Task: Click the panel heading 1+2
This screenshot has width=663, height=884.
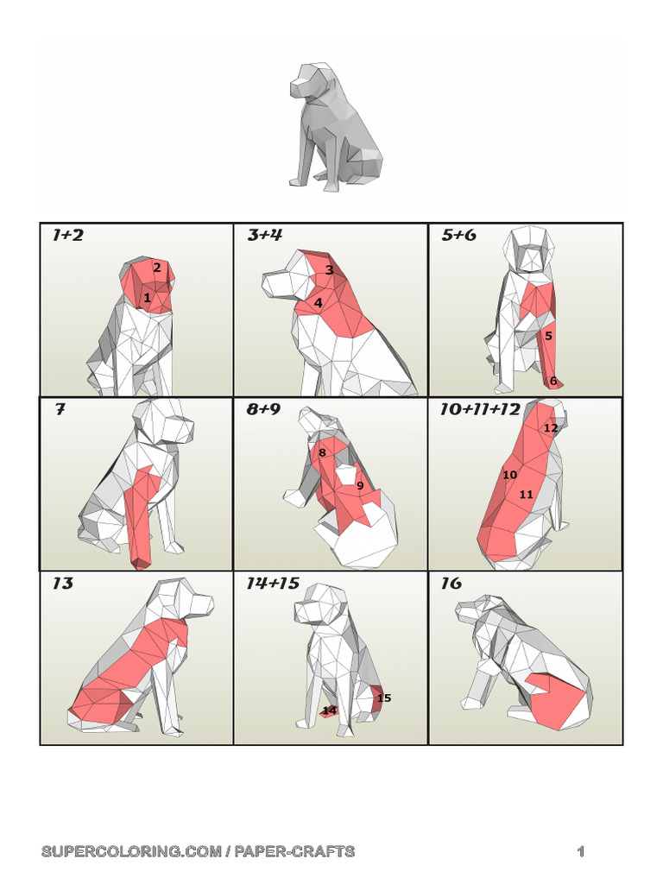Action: click(67, 235)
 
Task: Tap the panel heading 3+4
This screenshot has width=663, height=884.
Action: click(264, 235)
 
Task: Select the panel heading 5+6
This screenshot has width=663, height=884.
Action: click(459, 235)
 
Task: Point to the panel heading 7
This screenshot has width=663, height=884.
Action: click(60, 409)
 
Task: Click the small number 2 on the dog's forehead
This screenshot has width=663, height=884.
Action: click(157, 268)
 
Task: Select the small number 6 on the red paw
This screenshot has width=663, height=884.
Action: click(553, 381)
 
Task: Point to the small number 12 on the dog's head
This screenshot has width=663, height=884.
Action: click(551, 428)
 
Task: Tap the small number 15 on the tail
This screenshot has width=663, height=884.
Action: click(384, 698)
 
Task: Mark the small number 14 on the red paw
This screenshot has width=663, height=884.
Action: click(329, 710)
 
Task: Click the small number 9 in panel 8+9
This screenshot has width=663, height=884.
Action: click(360, 485)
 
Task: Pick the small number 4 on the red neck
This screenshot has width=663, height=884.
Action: click(318, 303)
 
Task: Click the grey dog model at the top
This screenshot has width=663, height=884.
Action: click(335, 126)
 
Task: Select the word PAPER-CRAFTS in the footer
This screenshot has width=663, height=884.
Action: click(295, 851)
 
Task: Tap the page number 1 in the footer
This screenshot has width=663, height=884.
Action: click(581, 851)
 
